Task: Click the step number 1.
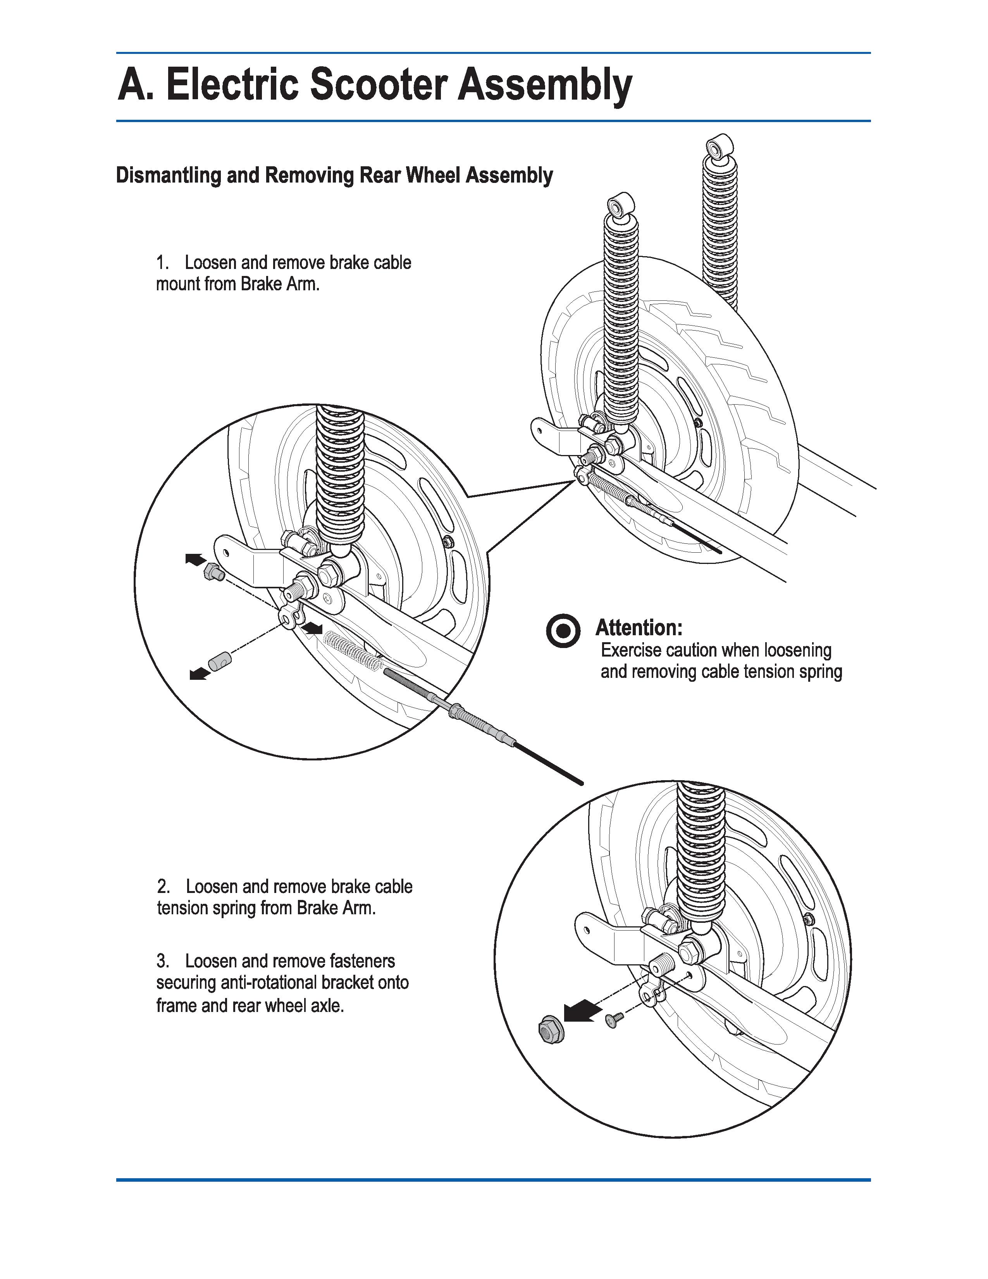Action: coord(162,263)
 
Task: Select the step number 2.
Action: coord(163,887)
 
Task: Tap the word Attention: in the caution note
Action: coord(639,628)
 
